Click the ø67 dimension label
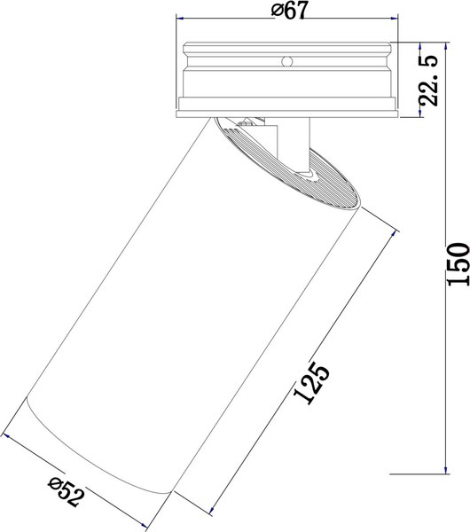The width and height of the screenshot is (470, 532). pos(290,11)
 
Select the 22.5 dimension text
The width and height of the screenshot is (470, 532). pos(428,81)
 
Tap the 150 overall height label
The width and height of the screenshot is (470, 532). pos(458,264)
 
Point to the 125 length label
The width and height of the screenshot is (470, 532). pos(311,383)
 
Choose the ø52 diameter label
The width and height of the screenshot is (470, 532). pos(67,492)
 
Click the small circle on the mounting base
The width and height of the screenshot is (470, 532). pos(287,61)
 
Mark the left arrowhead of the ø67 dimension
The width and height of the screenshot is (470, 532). pos(180,19)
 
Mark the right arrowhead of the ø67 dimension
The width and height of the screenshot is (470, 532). pos(395,19)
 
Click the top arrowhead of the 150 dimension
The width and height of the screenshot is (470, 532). pos(447,46)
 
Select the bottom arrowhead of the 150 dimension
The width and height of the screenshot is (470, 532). pos(447,470)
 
